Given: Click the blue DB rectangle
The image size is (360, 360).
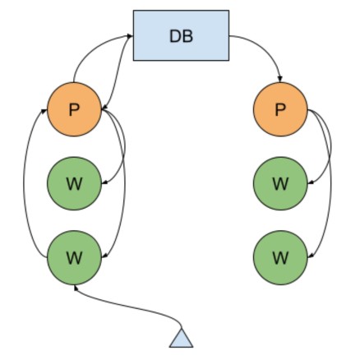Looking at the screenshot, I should pyautogui.click(x=180, y=36).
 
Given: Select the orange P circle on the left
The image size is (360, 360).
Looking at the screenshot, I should pyautogui.click(x=74, y=109).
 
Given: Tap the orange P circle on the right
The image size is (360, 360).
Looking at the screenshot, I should pyautogui.click(x=280, y=109).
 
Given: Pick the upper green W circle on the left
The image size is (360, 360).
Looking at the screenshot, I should pyautogui.click(x=74, y=182).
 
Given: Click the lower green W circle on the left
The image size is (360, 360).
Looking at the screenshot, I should pyautogui.click(x=74, y=256).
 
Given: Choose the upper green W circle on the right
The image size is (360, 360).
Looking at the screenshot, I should pyautogui.click(x=280, y=182).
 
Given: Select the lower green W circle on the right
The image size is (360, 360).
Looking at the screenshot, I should pyautogui.click(x=280, y=256).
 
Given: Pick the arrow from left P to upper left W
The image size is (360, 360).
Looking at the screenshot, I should pyautogui.click(x=122, y=152).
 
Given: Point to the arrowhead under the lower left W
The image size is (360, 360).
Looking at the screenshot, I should pyautogui.click(x=75, y=287).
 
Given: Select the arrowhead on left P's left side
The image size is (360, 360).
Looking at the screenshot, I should pyautogui.click(x=45, y=110).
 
